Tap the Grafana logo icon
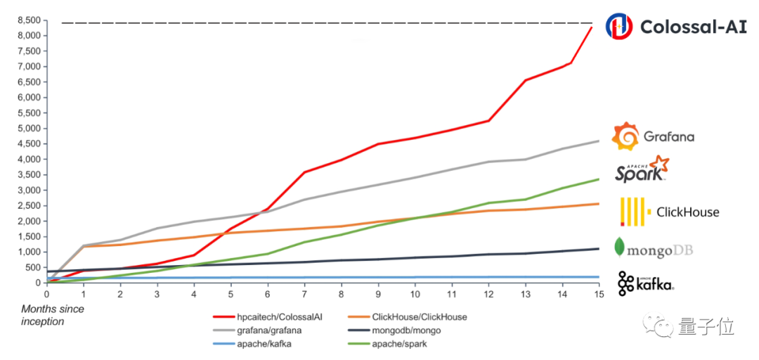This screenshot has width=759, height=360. point(626,136)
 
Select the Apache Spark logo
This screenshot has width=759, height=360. point(642,169)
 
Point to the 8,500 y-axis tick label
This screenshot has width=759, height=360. point(28,20)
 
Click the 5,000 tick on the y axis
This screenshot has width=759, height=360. point(28,128)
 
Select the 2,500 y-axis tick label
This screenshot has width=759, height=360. point(28,205)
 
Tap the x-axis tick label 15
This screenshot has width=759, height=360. point(598,294)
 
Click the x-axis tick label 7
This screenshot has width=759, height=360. point(304,294)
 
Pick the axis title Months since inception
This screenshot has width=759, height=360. point(53,315)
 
